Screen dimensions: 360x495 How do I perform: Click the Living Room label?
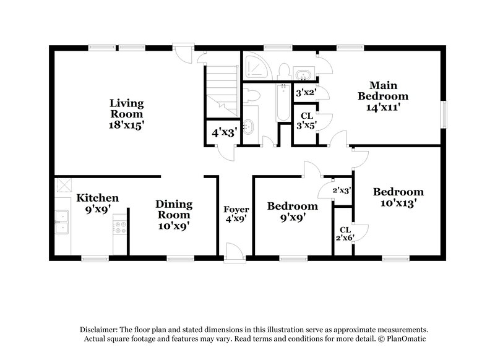[127, 108]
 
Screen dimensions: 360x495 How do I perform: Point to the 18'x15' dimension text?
[127, 125]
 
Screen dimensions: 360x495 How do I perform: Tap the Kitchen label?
[97, 199]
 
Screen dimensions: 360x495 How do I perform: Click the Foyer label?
[236, 210]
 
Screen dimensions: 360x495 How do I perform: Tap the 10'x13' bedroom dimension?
[398, 202]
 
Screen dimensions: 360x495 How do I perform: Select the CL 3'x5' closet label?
[306, 120]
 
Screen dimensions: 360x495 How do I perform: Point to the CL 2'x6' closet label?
[345, 233]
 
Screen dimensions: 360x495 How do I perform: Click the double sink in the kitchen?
[62, 223]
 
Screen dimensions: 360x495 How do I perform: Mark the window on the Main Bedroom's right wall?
[444, 114]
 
